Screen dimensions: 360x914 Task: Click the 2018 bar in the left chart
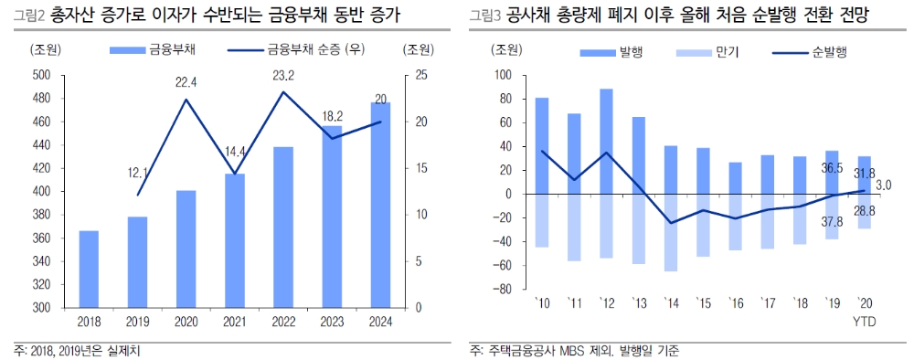click(89, 270)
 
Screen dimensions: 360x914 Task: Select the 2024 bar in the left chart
click(380, 206)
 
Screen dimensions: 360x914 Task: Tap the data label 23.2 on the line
click(283, 75)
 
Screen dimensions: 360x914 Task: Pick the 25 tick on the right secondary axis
click(413, 75)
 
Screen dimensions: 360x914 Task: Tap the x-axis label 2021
click(235, 322)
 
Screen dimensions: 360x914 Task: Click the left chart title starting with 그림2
click(206, 15)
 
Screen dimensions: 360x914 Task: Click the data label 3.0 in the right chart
click(883, 185)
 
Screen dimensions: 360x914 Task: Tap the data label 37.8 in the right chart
click(830, 221)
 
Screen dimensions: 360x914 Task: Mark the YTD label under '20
click(864, 321)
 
